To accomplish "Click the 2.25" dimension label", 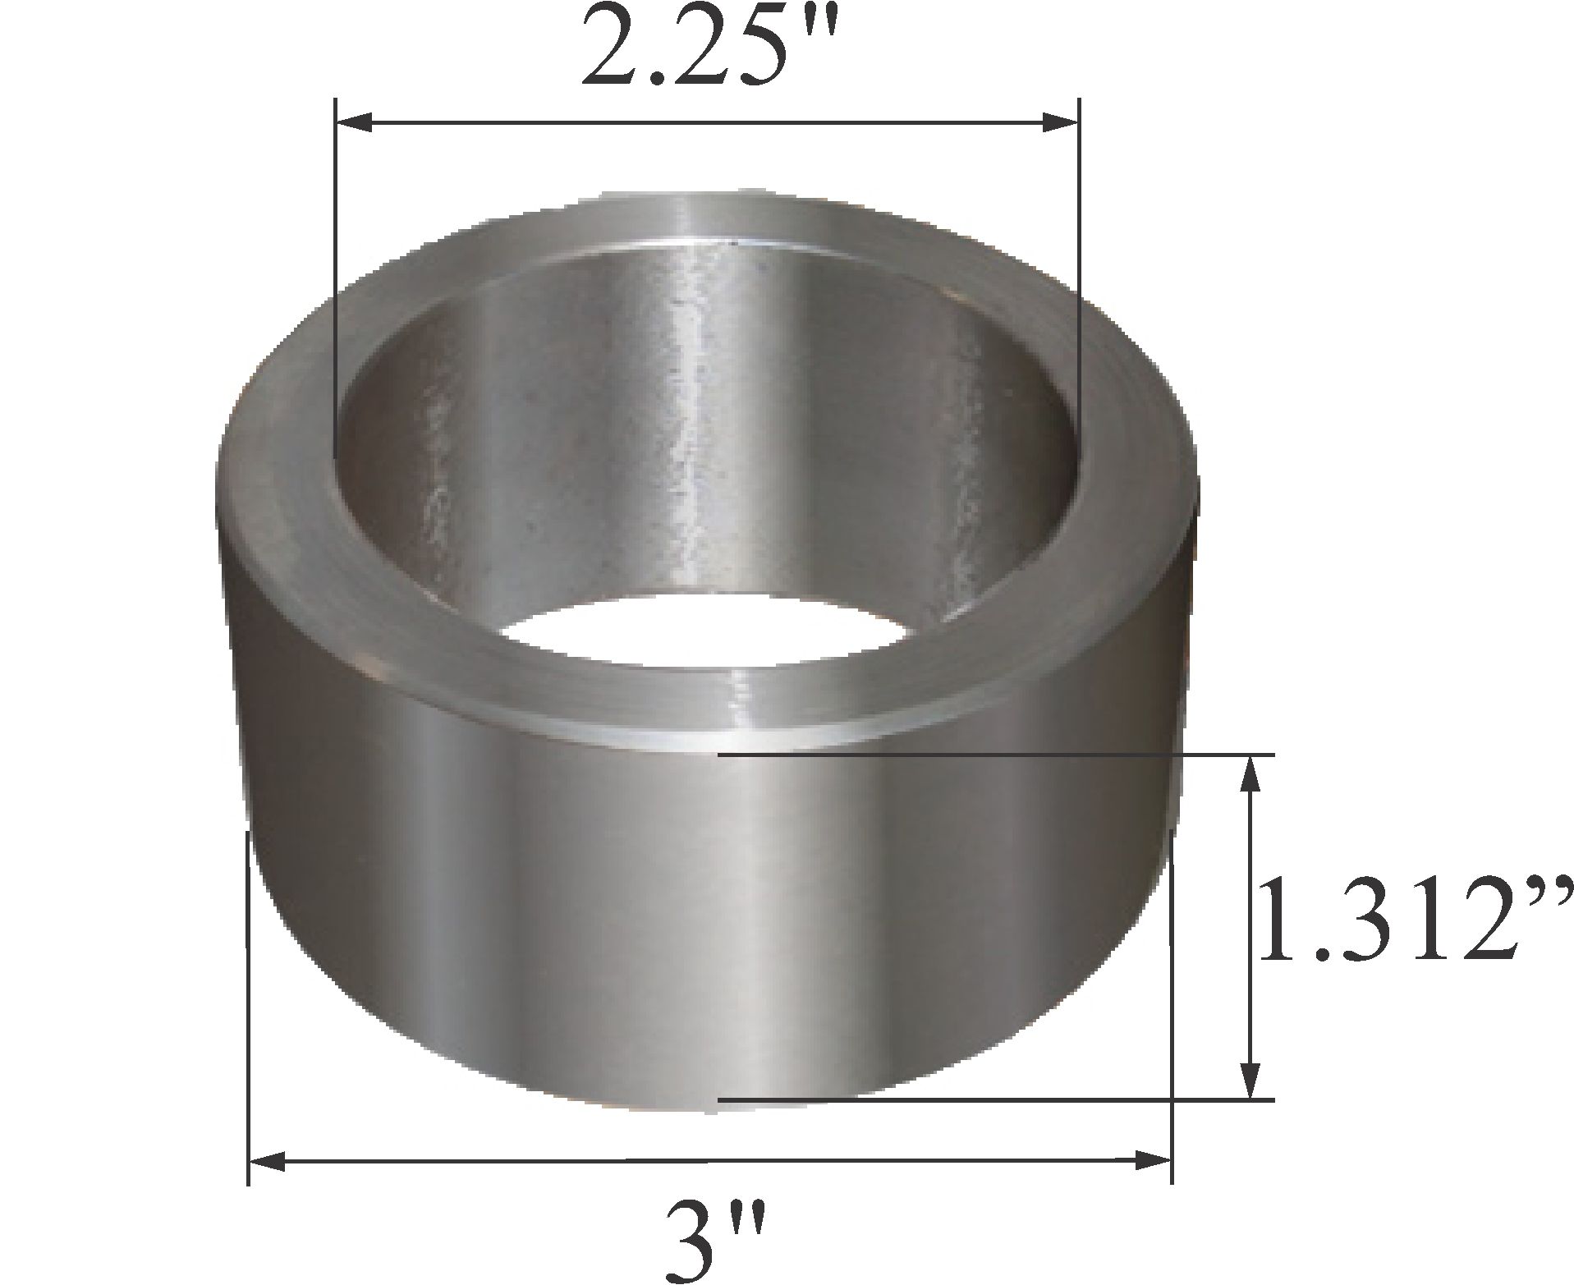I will pos(708,48).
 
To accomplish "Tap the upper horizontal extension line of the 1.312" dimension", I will pos(985,754).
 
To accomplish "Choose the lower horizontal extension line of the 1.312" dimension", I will pos(985,1099).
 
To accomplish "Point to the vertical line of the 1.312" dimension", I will pos(1250,928).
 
